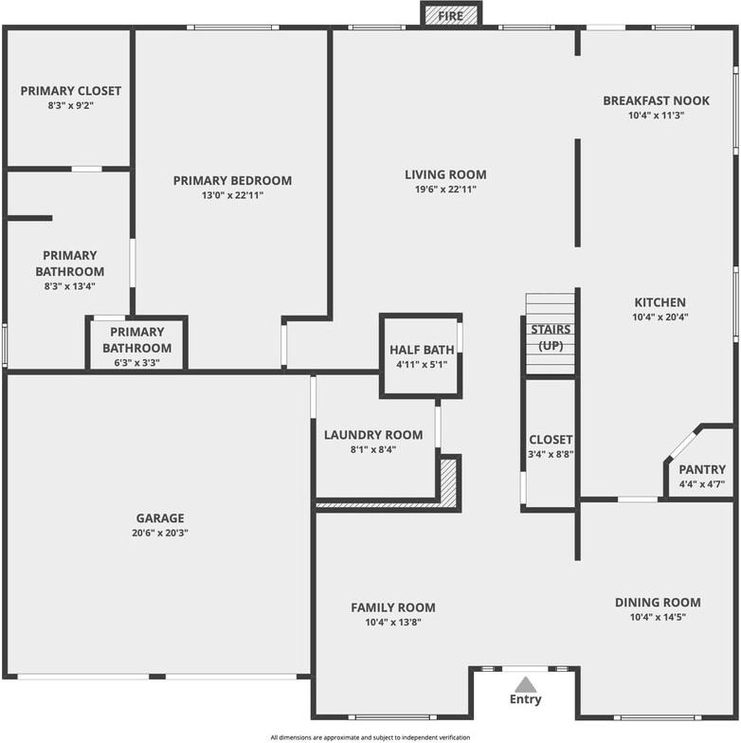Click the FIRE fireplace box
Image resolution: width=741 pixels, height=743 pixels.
point(451,13)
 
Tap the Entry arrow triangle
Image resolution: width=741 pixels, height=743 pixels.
point(525,684)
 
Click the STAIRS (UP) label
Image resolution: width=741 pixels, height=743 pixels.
point(551,337)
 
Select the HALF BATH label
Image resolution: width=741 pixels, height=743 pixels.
point(422,350)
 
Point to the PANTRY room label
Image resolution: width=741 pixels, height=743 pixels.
point(702,470)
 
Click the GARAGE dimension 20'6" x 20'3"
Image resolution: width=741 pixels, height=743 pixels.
point(160,533)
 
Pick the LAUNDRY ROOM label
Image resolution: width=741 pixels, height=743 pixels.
point(373,435)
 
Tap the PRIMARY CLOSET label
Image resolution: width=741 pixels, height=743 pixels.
point(70,91)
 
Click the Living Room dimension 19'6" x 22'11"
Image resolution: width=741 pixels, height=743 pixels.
point(445,190)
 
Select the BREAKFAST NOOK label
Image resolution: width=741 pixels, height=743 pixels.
point(656,100)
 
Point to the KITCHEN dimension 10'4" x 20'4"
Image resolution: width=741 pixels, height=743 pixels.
point(660,317)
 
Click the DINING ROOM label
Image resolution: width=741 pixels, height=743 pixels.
point(658,603)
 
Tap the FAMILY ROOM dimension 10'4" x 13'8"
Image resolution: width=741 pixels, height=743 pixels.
point(393,622)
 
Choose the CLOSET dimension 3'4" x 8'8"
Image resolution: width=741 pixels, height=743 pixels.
point(551,454)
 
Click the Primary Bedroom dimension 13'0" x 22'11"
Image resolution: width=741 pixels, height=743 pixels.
point(232,195)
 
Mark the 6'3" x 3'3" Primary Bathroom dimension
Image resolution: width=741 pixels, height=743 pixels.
point(136,363)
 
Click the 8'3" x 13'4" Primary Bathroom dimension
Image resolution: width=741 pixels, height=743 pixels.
point(70,286)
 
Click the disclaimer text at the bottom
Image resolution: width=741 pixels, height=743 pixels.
point(370,737)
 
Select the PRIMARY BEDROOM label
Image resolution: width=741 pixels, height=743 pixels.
point(232,180)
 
